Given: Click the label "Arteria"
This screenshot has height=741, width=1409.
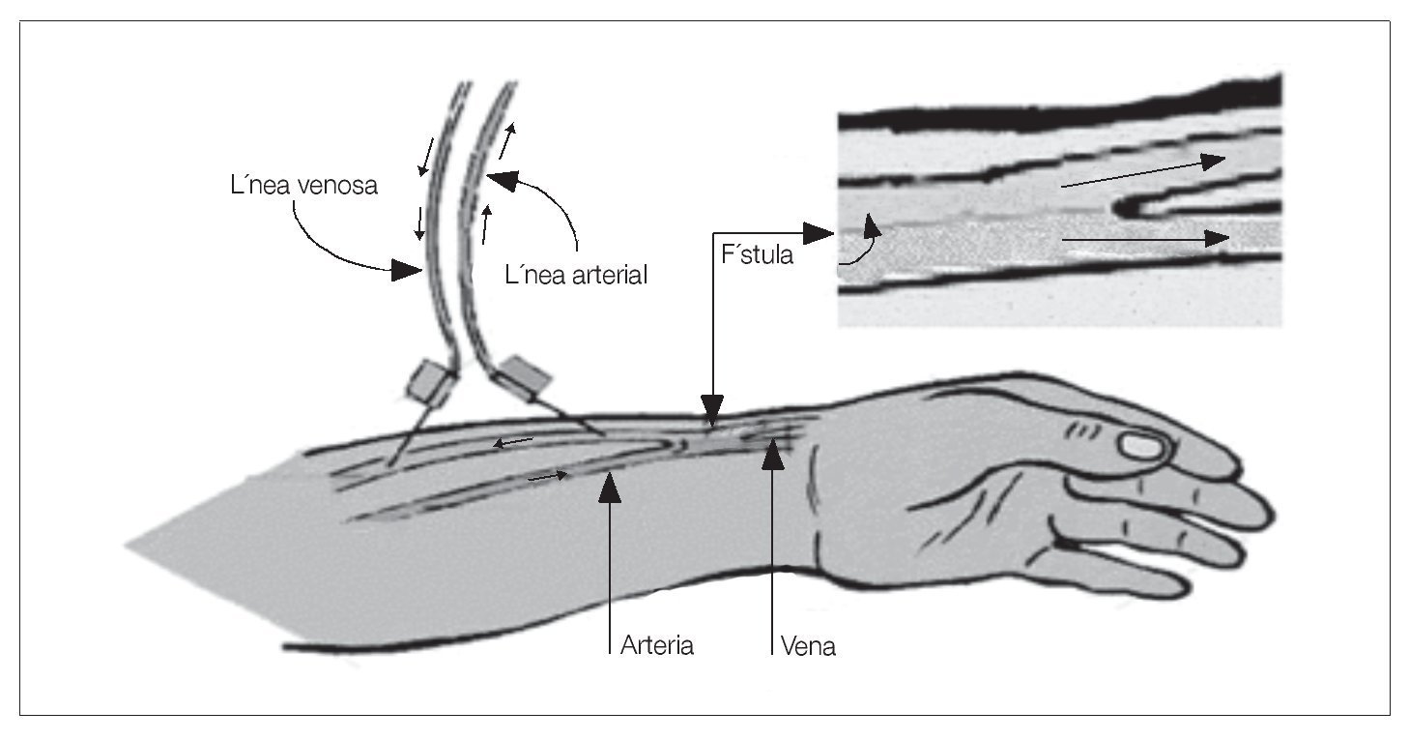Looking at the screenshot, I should coord(657,645).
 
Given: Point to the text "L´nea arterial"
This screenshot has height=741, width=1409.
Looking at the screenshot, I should coord(576,275).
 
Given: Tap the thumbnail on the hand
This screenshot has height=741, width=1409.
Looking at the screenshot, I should coord(1143,446).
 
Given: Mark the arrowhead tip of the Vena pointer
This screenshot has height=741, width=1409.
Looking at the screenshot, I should coord(771,442).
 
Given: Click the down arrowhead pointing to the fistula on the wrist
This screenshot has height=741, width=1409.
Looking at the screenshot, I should coord(712,414).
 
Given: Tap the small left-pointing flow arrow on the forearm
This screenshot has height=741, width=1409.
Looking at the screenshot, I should coord(512,443).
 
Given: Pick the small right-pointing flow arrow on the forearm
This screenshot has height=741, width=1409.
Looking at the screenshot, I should coord(548,476).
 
